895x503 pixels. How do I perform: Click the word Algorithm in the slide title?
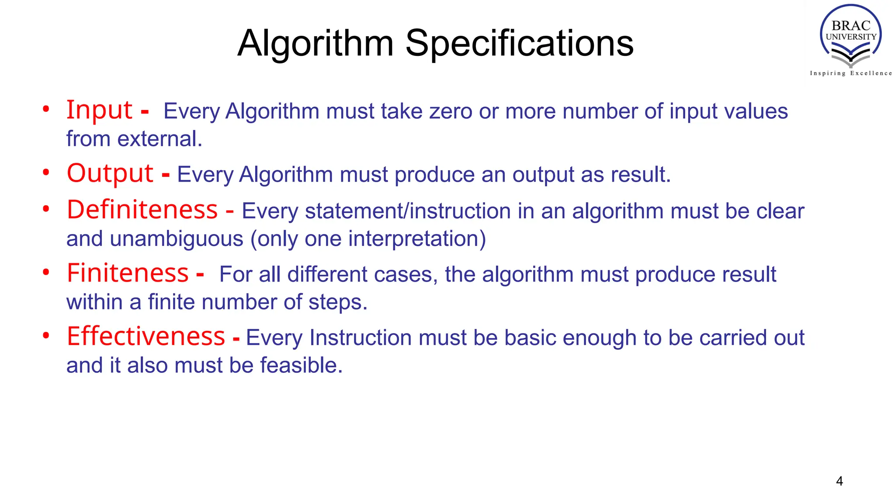coord(316,43)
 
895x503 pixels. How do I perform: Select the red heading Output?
coord(110,173)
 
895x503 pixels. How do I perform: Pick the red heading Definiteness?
coord(142,210)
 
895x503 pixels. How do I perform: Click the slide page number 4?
coord(839,481)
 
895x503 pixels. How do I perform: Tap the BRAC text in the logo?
coord(850,26)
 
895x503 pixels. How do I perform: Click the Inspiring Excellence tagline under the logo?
coord(850,73)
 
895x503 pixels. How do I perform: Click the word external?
coord(160,139)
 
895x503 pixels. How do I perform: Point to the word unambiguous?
coord(177,239)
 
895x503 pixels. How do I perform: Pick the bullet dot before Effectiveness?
coord(46,336)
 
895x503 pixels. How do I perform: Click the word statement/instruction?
coord(408,211)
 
